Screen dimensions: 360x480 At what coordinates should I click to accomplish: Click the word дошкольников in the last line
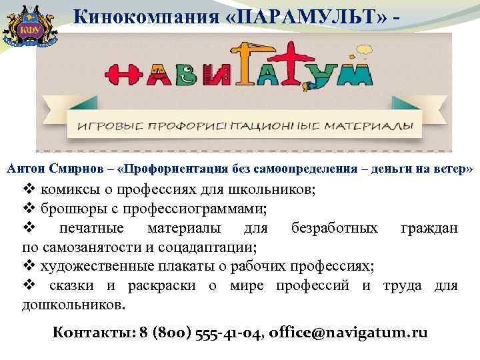[73, 305]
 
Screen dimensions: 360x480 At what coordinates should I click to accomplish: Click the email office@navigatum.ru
[350, 333]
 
